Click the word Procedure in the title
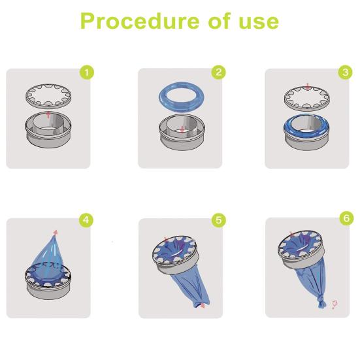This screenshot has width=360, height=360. click(140, 21)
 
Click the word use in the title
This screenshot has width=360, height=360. click(259, 22)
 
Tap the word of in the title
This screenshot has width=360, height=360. click(220, 21)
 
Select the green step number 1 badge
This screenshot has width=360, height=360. click(86, 73)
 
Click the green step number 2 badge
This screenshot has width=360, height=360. click(219, 72)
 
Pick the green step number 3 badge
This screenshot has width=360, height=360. click(346, 73)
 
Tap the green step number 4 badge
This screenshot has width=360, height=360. click(86, 220)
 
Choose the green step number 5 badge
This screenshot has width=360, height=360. click(219, 220)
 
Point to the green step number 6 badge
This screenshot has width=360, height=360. click(346, 218)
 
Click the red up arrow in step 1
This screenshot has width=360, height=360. click(48, 114)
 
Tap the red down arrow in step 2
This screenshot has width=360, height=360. click(182, 129)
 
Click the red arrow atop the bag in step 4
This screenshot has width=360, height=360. click(56, 233)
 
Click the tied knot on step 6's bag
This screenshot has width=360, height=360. click(322, 302)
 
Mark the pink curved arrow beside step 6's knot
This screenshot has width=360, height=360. click(335, 304)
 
